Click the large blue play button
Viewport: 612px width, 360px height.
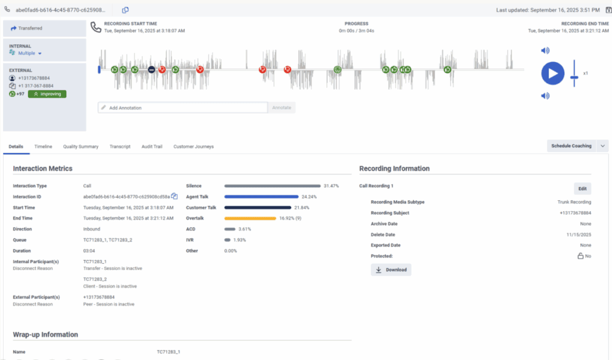[553, 74]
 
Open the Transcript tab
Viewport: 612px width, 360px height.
[120, 147]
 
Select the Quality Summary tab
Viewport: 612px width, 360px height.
[81, 147]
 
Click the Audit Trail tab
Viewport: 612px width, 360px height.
[152, 147]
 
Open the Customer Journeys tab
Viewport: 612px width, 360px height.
[193, 147]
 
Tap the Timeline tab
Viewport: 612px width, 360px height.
[43, 147]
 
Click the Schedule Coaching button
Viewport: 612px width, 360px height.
[571, 146]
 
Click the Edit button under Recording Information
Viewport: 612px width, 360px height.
[582, 189]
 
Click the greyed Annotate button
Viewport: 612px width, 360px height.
[281, 108]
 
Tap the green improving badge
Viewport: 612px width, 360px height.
[47, 94]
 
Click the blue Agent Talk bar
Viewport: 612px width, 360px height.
[261, 197]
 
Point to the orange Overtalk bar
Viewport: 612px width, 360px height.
[250, 218]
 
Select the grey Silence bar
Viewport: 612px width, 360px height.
[272, 186]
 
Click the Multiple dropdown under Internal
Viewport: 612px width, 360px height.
[30, 53]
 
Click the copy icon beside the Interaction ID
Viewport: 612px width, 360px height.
[175, 196]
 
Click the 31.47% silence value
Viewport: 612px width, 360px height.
[331, 186]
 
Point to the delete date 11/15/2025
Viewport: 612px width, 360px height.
[579, 234]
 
